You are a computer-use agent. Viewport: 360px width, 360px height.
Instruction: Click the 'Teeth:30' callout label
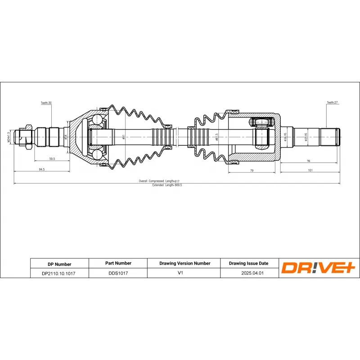click(46, 103)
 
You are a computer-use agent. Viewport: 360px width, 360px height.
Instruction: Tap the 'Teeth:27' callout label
click(332, 103)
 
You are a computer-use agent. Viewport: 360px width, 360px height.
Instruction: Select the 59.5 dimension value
click(52, 159)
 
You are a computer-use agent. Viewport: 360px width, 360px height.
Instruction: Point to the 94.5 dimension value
click(42, 169)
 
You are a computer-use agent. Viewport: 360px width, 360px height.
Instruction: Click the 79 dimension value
click(252, 171)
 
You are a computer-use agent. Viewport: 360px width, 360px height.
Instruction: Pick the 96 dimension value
click(309, 160)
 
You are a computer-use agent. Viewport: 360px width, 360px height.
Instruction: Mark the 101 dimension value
click(310, 171)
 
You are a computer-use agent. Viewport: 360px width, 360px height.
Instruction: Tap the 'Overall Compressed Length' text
click(162, 181)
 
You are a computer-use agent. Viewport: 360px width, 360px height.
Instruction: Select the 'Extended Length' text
click(166, 185)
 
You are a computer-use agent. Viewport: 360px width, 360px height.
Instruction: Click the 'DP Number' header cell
click(59, 264)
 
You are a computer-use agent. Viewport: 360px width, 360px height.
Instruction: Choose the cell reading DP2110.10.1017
click(59, 273)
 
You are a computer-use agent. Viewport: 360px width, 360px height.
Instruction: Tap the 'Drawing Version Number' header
click(184, 263)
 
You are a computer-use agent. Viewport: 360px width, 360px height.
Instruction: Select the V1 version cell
click(184, 273)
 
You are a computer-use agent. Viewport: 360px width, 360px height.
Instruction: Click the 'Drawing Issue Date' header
click(249, 263)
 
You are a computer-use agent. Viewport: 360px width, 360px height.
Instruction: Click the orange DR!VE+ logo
click(319, 268)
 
